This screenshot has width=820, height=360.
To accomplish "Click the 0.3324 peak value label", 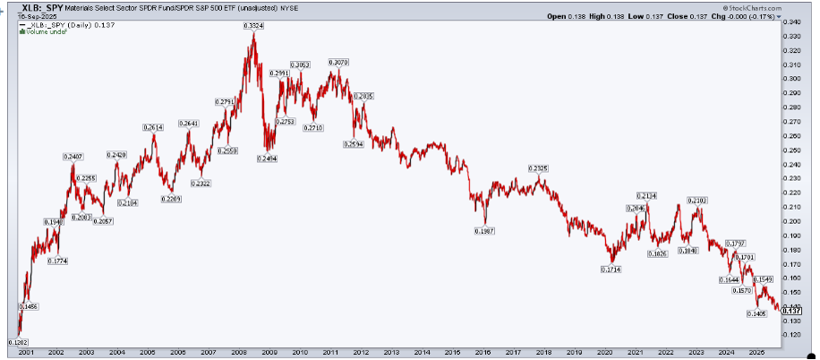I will tap(253, 25).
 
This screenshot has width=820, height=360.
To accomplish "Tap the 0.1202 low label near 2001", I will tap(17, 342).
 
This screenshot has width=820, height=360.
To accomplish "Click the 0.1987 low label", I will tap(484, 230).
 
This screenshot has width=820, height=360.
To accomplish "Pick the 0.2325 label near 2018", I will tap(538, 168).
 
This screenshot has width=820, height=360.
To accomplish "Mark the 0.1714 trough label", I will tap(612, 269).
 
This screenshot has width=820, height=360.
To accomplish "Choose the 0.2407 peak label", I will tap(73, 157).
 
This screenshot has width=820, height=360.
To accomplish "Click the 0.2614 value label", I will tap(153, 128).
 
